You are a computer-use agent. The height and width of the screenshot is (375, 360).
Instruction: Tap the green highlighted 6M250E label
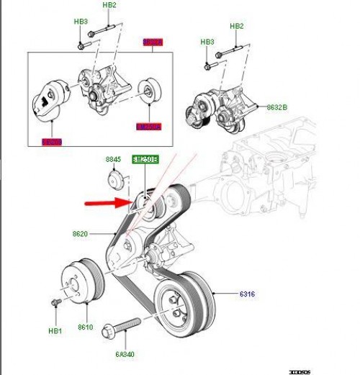[x=144, y=159]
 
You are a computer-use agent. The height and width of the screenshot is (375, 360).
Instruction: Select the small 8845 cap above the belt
[x=114, y=179]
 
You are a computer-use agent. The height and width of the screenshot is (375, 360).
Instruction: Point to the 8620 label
[x=80, y=234]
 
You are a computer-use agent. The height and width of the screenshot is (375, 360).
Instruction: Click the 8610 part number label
[x=85, y=326]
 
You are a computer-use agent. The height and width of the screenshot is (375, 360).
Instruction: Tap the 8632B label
[x=276, y=107]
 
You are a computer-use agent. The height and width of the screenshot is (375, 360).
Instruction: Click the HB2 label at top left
[x=109, y=5]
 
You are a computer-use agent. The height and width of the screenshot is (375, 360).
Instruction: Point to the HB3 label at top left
[x=81, y=22]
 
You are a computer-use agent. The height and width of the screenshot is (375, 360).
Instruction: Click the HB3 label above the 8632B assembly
[x=207, y=42]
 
